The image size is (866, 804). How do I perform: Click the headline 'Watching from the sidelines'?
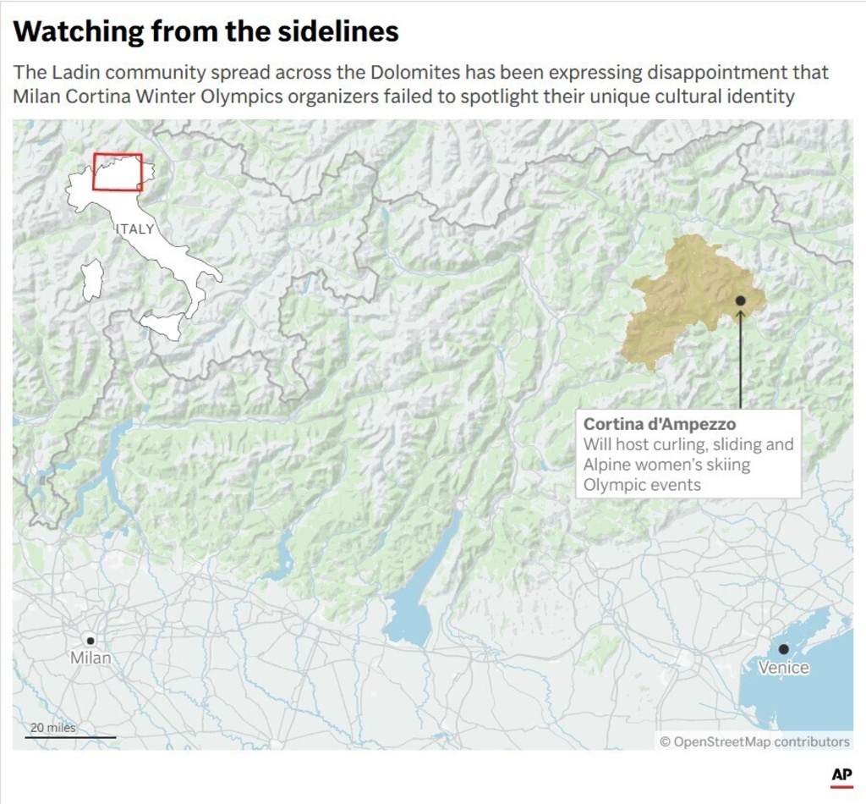[206, 31]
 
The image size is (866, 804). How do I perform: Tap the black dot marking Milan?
[90, 640]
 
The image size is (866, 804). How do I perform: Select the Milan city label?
[90, 658]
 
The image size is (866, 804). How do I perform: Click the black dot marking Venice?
[784, 649]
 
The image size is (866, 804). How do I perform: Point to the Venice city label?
[783, 668]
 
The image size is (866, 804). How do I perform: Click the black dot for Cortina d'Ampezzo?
[740, 300]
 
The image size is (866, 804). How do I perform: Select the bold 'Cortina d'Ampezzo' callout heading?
[659, 424]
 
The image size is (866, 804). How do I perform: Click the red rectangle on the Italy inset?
[118, 172]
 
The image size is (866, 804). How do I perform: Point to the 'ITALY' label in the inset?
[135, 229]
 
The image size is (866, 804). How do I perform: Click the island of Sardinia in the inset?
[91, 281]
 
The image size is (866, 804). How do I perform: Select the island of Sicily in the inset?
[162, 325]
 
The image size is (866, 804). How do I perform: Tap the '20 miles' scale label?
[52, 728]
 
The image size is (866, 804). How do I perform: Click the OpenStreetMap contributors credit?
[754, 742]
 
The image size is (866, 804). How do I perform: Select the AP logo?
[841, 774]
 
